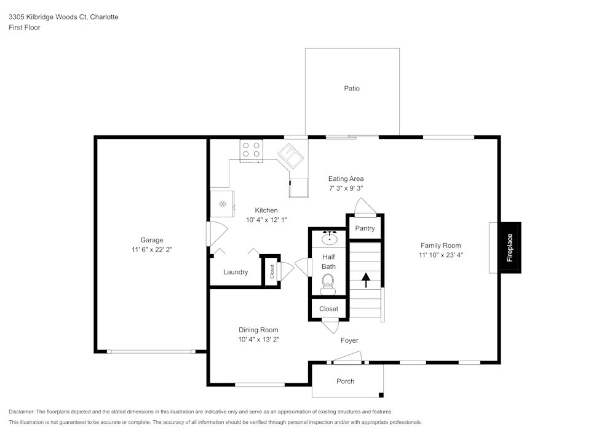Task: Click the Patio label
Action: click(x=352, y=89)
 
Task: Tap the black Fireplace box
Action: click(x=510, y=248)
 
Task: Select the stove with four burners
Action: click(x=251, y=150)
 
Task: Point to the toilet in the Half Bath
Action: click(x=328, y=284)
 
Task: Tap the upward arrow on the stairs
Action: click(x=366, y=281)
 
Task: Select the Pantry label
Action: click(x=365, y=228)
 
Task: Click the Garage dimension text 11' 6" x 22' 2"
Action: click(x=151, y=250)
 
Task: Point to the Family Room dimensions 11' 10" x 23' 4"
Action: click(x=440, y=255)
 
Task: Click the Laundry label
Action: click(x=236, y=272)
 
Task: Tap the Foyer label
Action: click(x=349, y=340)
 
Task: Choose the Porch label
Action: click(x=346, y=381)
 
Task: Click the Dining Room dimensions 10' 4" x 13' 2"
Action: click(x=260, y=340)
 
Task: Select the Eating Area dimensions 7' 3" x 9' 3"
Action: click(x=346, y=188)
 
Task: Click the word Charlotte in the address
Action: click(x=105, y=17)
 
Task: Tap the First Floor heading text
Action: click(x=25, y=28)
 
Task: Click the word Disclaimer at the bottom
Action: click(x=22, y=412)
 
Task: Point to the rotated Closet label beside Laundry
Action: click(x=272, y=270)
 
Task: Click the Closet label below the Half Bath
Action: click(x=328, y=309)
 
